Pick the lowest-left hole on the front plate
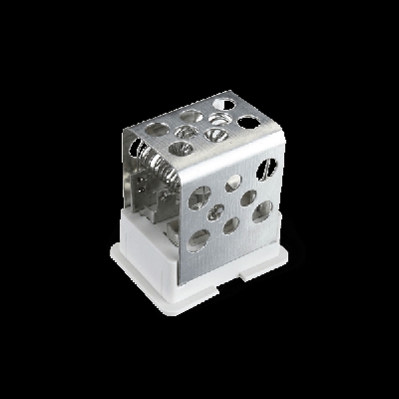tap(199, 237)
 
